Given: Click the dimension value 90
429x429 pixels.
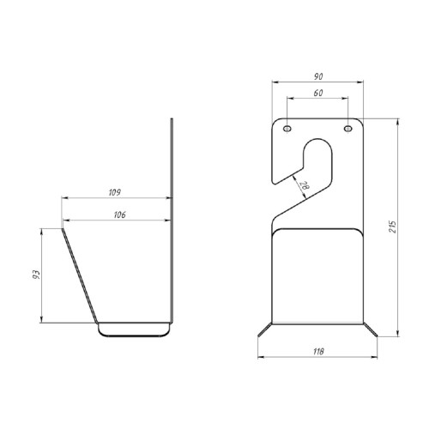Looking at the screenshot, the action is [x=318, y=76].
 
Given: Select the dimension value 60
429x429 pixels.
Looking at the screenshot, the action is [x=318, y=93].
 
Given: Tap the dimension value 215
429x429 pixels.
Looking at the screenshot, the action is [x=393, y=227].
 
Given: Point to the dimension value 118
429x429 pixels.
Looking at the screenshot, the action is [x=318, y=351].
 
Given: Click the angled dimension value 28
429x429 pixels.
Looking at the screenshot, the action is [x=305, y=186].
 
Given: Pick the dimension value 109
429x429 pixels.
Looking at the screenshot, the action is [x=114, y=192].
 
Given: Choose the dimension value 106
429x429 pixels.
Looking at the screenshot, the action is [x=119, y=214].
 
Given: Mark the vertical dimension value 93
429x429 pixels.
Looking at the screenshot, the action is [x=36, y=275].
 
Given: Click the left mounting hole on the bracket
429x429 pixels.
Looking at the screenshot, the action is [x=287, y=129].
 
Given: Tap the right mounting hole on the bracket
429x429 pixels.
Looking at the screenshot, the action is [x=348, y=129].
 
